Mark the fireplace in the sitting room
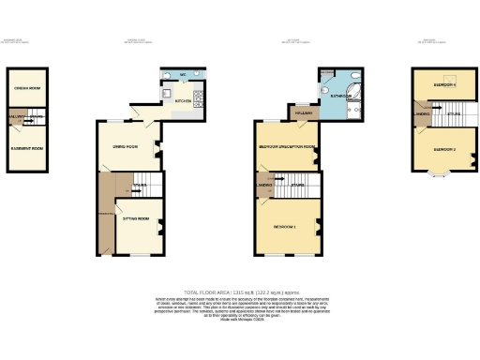point(160,226)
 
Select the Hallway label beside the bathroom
point(302,112)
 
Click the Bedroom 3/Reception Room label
point(287,147)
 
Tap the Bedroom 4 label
point(443,83)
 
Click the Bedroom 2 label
point(443,148)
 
